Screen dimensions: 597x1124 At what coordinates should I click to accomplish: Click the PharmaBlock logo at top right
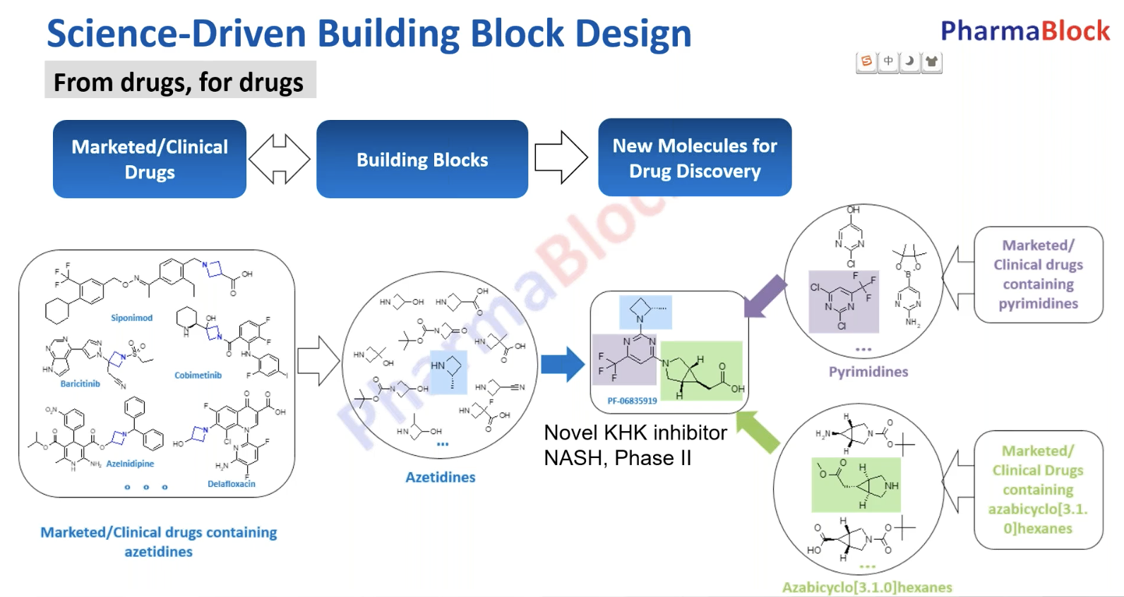point(1024,31)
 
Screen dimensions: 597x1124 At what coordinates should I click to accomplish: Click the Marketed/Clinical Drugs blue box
point(150,159)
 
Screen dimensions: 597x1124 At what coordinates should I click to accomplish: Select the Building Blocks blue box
point(422,159)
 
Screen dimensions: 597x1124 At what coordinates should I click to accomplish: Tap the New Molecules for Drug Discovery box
point(695,158)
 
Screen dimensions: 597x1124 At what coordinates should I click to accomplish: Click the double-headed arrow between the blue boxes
point(280,159)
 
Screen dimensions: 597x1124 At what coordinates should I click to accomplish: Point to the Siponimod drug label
point(131,318)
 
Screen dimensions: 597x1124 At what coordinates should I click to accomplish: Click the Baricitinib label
point(80,384)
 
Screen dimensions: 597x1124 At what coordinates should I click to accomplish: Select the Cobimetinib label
point(198,375)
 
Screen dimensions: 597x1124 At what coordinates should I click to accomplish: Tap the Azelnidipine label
point(130,464)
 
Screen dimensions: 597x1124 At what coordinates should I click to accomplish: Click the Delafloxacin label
point(231,484)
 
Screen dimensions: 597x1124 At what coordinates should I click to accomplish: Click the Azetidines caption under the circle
point(440,477)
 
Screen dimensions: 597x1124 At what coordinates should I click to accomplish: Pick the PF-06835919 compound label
point(632,401)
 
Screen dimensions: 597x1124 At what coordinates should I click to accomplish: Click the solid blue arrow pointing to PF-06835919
point(563,364)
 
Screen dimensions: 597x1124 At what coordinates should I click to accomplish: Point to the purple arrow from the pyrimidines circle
point(765,296)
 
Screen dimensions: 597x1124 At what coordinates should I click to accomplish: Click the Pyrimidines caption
point(868,372)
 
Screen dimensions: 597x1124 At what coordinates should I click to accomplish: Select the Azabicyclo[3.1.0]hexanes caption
point(866,587)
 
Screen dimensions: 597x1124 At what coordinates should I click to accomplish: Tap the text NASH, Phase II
point(617,458)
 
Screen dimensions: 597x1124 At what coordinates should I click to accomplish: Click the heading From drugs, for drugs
point(179,83)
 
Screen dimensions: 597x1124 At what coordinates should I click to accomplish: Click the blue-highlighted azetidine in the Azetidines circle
point(449,372)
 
